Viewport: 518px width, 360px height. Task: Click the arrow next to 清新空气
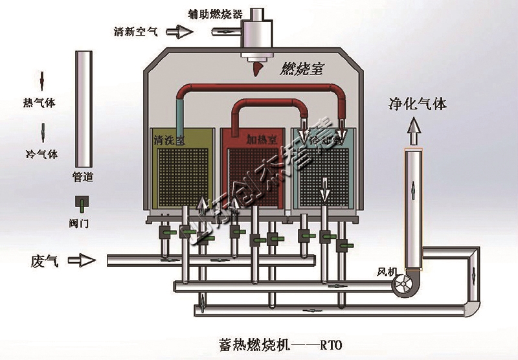(x=176, y=31)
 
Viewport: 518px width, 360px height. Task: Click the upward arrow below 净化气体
(x=412, y=133)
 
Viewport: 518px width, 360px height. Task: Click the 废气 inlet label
(x=40, y=260)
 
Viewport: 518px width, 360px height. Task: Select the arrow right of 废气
(x=82, y=260)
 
